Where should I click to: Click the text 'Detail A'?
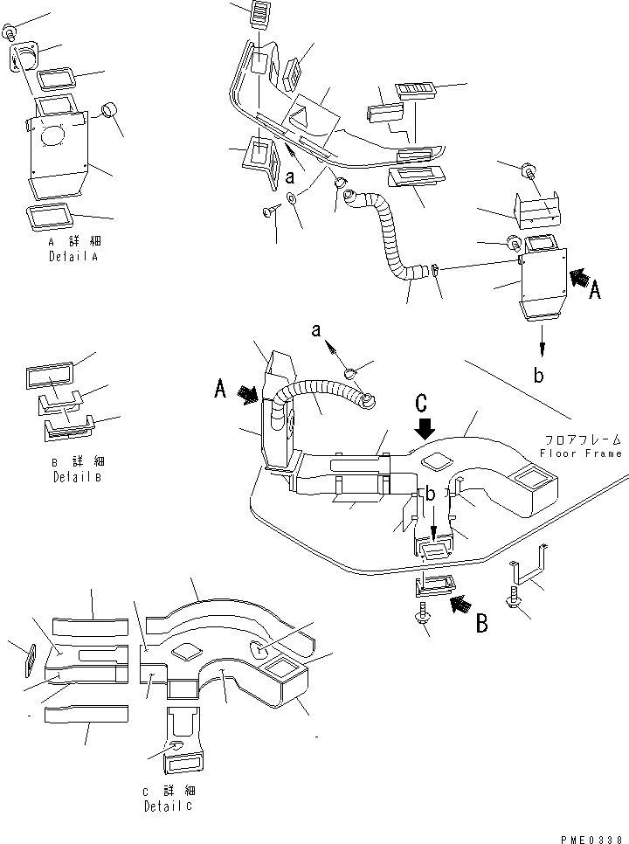tap(73, 259)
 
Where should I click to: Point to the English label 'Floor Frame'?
tap(581, 453)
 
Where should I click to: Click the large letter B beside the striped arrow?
tap(482, 624)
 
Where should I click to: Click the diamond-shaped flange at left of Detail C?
tap(30, 660)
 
